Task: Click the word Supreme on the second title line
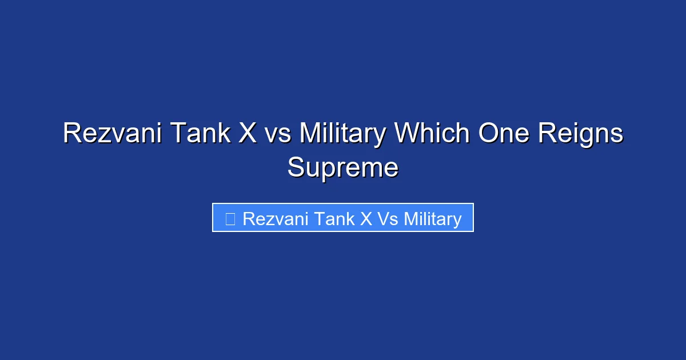[x=342, y=168]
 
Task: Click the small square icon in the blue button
[x=230, y=218]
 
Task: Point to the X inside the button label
[x=366, y=218]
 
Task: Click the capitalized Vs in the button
[x=388, y=218]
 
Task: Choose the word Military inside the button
[x=433, y=218]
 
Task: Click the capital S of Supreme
[x=296, y=168]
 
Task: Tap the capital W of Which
[x=405, y=134]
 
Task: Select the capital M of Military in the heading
[x=309, y=134]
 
